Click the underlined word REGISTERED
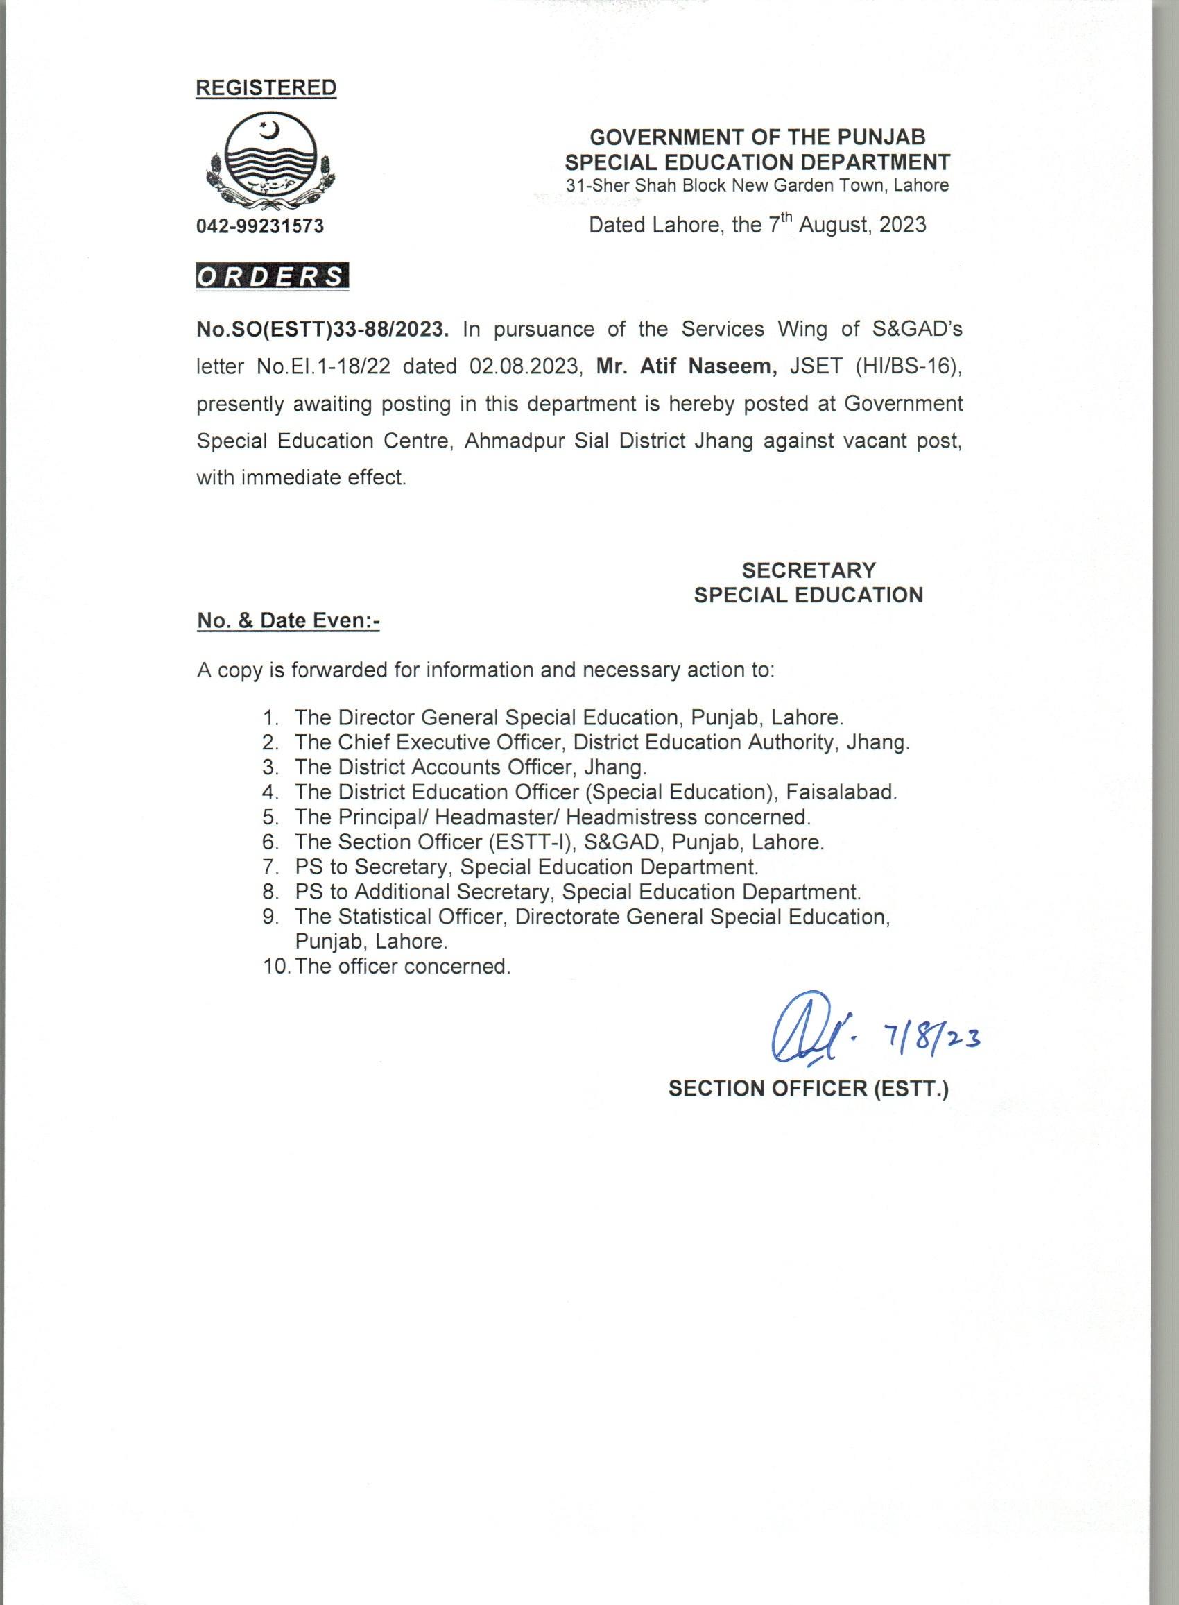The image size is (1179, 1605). click(266, 88)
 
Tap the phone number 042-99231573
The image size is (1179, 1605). click(260, 226)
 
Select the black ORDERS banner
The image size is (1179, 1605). click(272, 276)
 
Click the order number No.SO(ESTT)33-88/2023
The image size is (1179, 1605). click(323, 330)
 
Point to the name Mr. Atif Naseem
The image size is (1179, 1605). click(687, 367)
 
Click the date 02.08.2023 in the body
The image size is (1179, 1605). click(522, 367)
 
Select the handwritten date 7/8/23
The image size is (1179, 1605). click(933, 1037)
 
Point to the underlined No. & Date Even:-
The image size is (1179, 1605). click(289, 621)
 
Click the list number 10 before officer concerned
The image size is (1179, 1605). click(275, 967)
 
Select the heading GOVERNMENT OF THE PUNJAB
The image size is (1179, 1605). click(757, 137)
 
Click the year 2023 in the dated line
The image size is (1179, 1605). click(902, 225)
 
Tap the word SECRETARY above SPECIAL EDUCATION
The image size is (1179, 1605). click(809, 570)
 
